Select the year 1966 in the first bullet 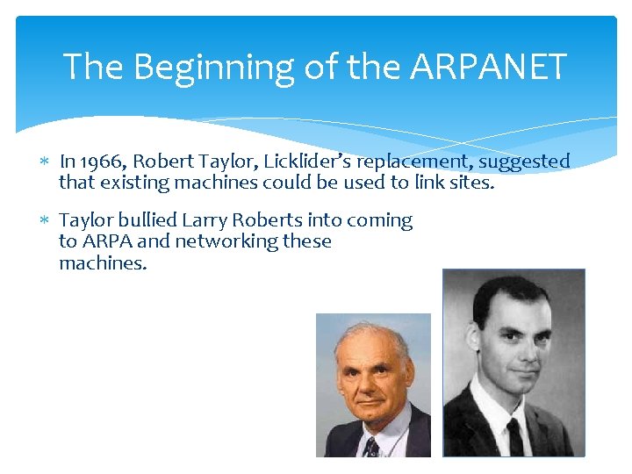pyautogui.click(x=98, y=162)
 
